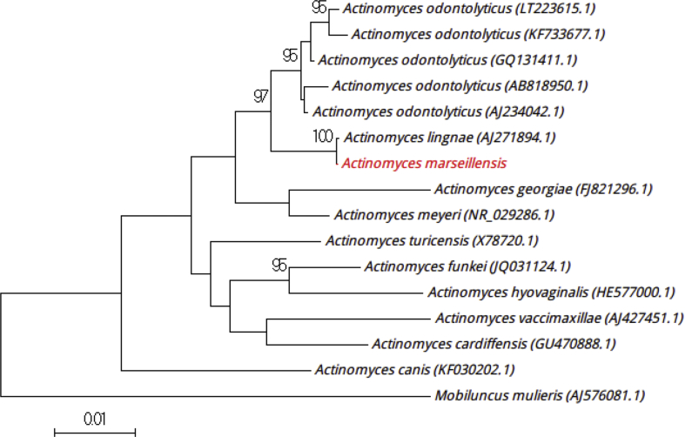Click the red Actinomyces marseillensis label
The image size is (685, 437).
point(424,163)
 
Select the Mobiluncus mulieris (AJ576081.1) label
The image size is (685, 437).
point(540,396)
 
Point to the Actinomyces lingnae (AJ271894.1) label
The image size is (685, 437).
point(450,138)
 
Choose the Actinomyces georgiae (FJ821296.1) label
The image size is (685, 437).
point(542,189)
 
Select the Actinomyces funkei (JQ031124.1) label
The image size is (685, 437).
point(467,266)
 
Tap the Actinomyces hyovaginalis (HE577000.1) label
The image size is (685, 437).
point(551,292)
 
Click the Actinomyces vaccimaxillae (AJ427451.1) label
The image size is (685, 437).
point(558,318)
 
